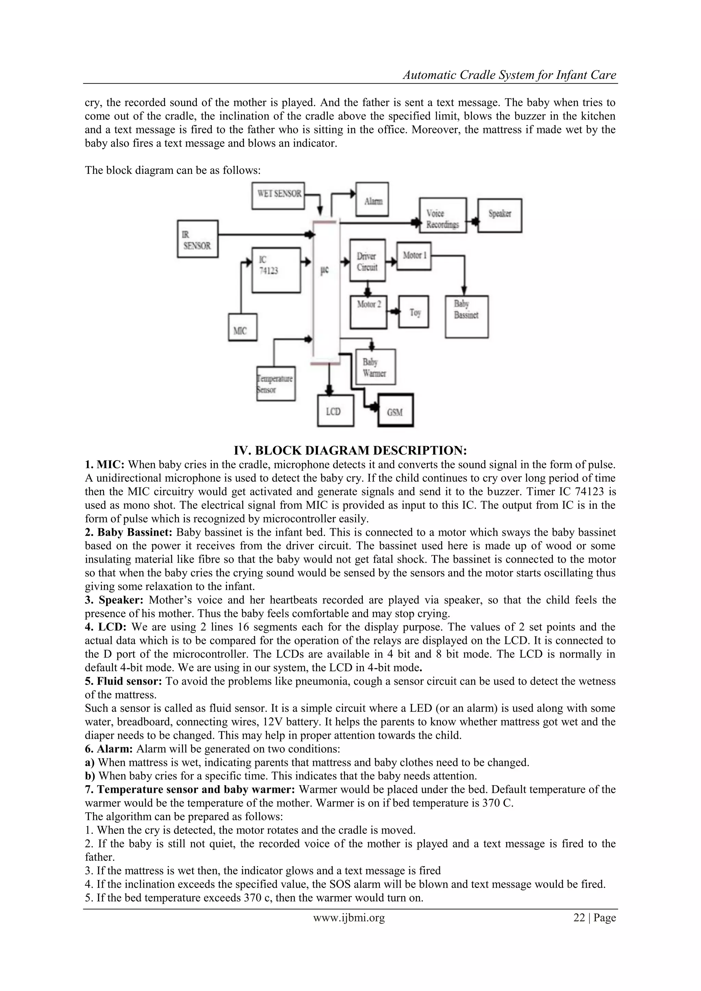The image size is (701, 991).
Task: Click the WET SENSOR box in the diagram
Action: [278, 195]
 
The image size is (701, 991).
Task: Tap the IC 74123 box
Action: [276, 270]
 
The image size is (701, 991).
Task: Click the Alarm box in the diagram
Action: [372, 200]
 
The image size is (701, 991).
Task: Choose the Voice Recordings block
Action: [443, 215]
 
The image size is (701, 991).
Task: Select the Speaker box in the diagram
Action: [499, 215]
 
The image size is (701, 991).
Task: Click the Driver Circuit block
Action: [367, 260]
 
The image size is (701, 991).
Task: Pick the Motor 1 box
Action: [414, 256]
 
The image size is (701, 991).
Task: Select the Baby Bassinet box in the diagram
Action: [466, 316]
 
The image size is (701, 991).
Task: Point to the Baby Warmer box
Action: [375, 367]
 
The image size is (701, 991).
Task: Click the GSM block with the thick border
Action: [395, 410]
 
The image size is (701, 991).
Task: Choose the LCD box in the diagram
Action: [335, 411]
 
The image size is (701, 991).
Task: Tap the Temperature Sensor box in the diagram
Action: [276, 384]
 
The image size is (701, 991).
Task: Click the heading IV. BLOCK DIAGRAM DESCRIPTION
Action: [350, 450]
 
